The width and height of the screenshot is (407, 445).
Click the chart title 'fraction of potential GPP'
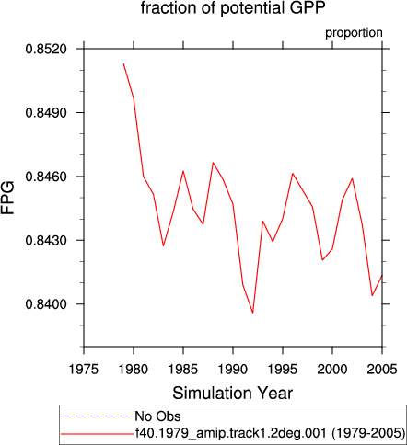[232, 7]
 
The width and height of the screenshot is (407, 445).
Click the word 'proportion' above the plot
[354, 33]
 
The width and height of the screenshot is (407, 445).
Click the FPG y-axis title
[7, 198]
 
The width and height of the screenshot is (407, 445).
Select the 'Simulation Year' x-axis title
[232, 393]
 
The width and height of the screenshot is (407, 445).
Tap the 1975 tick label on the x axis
[84, 369]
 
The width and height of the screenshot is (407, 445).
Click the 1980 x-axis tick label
[134, 369]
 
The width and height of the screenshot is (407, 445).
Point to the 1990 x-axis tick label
[233, 369]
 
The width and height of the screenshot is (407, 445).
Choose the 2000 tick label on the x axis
[332, 369]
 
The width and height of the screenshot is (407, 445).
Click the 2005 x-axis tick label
[382, 369]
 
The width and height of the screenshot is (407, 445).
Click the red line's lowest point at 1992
[253, 313]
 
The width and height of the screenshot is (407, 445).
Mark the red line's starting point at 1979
[123, 63]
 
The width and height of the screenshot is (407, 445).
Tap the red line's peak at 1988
[213, 163]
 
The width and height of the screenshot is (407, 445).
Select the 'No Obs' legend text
[157, 416]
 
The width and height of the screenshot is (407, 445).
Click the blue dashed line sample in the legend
[95, 416]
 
